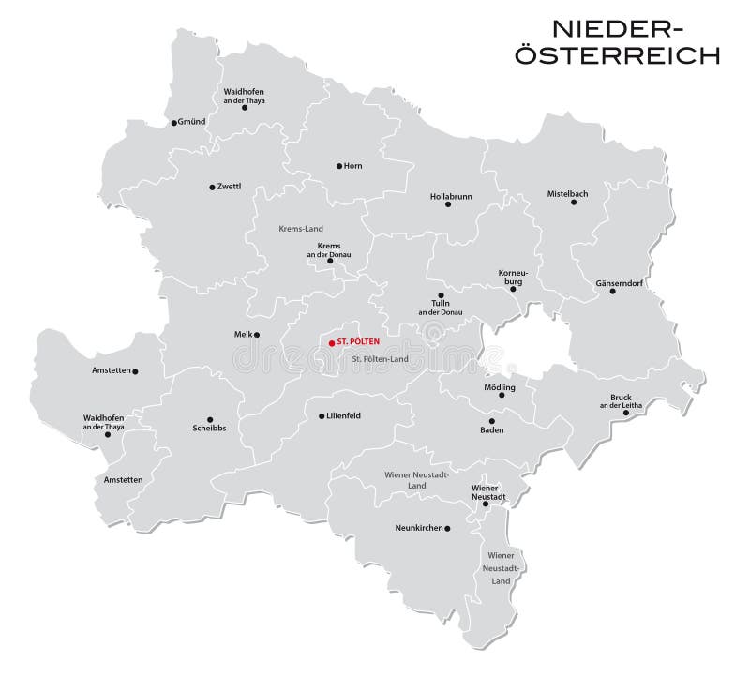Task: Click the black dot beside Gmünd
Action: (173, 123)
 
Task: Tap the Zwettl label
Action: (229, 187)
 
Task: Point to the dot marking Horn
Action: (338, 166)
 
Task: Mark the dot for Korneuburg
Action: (513, 289)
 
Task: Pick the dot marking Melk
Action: (257, 334)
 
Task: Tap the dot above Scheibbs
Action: (209, 419)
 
